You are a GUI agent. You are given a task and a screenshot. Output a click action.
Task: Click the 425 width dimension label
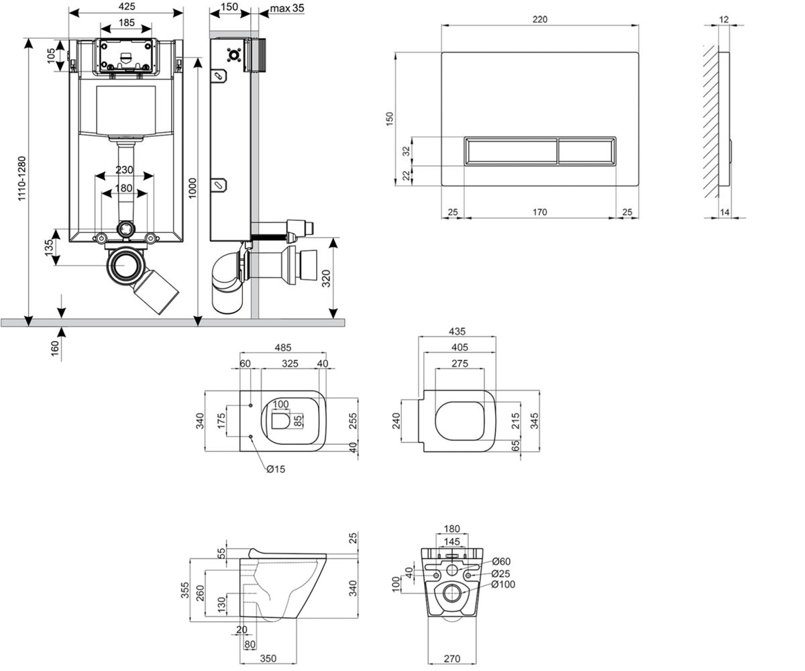click(x=127, y=7)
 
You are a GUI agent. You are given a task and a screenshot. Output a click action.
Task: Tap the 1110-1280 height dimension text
click(x=21, y=178)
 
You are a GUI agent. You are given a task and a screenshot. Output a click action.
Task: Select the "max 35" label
click(x=287, y=8)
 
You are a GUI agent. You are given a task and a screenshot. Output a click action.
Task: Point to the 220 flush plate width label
click(x=540, y=19)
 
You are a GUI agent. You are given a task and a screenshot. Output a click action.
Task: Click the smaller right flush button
click(x=586, y=151)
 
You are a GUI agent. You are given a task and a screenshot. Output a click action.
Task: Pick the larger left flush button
click(x=511, y=151)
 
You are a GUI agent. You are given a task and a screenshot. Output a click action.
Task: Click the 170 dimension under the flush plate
click(x=540, y=212)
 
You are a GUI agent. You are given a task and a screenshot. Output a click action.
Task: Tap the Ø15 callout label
click(x=276, y=469)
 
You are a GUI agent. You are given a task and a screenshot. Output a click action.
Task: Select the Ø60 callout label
click(x=501, y=562)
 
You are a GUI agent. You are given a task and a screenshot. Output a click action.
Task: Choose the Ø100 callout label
click(x=504, y=584)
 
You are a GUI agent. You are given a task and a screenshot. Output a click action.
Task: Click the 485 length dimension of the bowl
click(x=283, y=348)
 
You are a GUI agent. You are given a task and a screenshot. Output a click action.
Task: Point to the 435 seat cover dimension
click(x=458, y=331)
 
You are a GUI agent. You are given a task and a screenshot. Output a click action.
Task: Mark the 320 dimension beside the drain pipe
click(x=326, y=278)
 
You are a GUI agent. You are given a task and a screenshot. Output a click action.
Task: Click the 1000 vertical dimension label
click(x=193, y=188)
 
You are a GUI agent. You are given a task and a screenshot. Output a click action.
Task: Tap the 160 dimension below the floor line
click(x=55, y=349)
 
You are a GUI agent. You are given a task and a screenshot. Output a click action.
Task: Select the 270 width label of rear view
click(x=452, y=658)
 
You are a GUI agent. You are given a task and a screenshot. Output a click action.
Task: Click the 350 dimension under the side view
click(x=268, y=658)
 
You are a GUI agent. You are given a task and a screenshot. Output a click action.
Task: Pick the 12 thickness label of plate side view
click(x=724, y=19)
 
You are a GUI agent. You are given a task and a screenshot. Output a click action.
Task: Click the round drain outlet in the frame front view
click(x=125, y=265)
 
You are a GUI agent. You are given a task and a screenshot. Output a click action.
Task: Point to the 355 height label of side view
click(x=185, y=590)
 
